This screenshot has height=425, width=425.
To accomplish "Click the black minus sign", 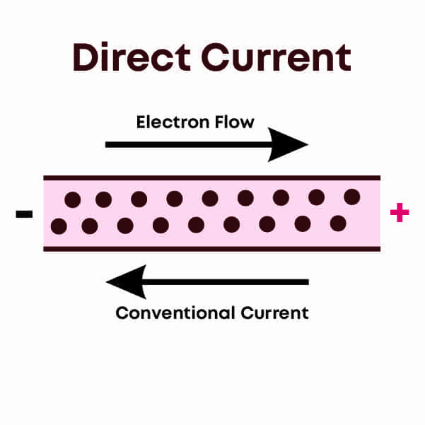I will tap(24, 213).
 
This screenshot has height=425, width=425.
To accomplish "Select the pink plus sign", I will tap(400, 213).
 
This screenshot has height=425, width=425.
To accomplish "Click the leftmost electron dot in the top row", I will tap(72, 200).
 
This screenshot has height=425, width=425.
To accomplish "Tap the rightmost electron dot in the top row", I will tap(351, 197).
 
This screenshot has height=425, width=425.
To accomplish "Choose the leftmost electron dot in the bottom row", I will tap(59, 226).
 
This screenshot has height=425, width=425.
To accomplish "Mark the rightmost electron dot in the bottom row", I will tap(338, 223).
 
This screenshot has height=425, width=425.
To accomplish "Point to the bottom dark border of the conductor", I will tap(212, 248).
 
